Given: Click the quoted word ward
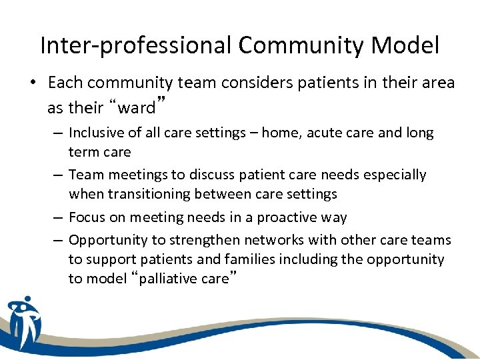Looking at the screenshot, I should click(x=137, y=107).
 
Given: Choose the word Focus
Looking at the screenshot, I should click(x=87, y=218).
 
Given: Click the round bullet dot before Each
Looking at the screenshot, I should click(x=31, y=84).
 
